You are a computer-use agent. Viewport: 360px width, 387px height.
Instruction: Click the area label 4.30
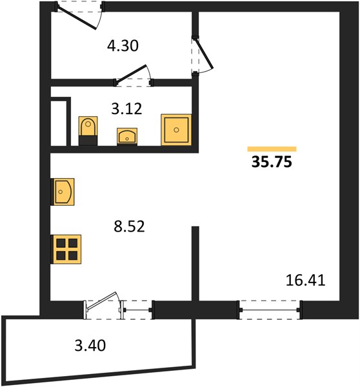coord(123,46)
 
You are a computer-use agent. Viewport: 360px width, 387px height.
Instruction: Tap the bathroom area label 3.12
coord(126,109)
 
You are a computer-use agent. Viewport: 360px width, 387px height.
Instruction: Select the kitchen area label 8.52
coord(129,226)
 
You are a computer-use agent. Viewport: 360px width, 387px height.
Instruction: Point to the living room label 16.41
coord(305,281)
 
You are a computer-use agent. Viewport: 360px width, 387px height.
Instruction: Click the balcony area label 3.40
coord(90,345)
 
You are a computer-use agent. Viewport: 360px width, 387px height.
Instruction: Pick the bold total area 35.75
coord(272,162)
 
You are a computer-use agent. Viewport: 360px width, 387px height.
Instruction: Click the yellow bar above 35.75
coord(272,149)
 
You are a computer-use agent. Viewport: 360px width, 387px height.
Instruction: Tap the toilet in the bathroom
coord(88,131)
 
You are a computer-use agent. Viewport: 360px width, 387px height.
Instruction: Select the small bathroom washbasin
coord(127,137)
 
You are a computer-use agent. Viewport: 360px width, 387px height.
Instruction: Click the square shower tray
coord(176,130)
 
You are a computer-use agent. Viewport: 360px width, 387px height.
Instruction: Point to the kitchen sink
coord(63,192)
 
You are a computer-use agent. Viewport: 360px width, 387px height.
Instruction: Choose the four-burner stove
coord(66,249)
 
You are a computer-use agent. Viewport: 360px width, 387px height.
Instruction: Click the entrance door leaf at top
coord(77,18)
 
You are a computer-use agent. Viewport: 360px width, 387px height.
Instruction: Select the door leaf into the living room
coord(204,53)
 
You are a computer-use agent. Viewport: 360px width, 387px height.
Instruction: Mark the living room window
coord(270,310)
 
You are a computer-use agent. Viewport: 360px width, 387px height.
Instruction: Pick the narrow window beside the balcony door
coord(137,310)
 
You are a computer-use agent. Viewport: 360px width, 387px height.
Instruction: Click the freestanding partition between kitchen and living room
coord(195,264)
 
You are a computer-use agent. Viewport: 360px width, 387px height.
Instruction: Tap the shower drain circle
coord(176,130)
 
